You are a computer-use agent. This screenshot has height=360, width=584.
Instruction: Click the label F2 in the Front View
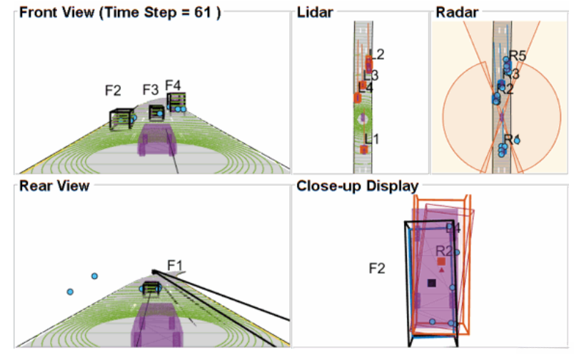[x=113, y=91]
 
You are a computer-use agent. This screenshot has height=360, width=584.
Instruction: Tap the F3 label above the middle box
[x=150, y=90]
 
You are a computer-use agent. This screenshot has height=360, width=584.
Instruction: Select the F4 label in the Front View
[x=173, y=85]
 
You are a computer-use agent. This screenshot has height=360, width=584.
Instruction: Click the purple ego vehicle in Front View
[x=156, y=139]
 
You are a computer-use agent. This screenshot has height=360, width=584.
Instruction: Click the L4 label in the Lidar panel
[x=366, y=87]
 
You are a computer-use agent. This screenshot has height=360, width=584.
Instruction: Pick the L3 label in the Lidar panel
[x=371, y=75]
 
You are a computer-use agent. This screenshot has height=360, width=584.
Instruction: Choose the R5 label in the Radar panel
[x=518, y=56]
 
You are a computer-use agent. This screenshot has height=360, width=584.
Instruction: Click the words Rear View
[x=54, y=186]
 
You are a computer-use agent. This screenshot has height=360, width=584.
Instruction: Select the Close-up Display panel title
[x=357, y=186]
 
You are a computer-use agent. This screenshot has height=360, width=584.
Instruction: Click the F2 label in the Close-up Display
[x=377, y=269]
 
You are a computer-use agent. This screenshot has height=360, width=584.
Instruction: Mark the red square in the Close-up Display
[x=441, y=261]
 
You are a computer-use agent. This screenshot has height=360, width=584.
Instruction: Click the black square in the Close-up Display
[x=431, y=284]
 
